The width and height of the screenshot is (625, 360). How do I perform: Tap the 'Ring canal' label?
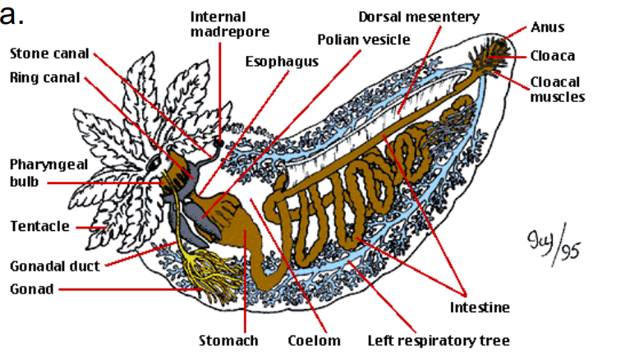pyautogui.click(x=44, y=78)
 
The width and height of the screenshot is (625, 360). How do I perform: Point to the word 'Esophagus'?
pyautogui.click(x=282, y=61)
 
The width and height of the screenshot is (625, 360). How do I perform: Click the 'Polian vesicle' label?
pyautogui.click(x=363, y=39)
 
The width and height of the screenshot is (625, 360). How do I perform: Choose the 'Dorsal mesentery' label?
pyautogui.click(x=419, y=16)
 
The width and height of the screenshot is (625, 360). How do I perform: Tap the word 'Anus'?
pyautogui.click(x=548, y=27)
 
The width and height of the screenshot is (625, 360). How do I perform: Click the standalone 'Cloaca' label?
pyautogui.click(x=552, y=56)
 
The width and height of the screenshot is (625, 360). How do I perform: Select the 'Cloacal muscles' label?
pyautogui.click(x=557, y=89)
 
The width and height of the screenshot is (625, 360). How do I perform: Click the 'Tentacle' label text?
pyautogui.click(x=39, y=226)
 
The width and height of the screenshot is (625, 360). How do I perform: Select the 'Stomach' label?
pyautogui.click(x=229, y=339)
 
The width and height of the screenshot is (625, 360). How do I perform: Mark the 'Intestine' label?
pyautogui.click(x=480, y=307)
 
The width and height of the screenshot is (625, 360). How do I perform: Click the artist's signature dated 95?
pyautogui.click(x=549, y=244)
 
